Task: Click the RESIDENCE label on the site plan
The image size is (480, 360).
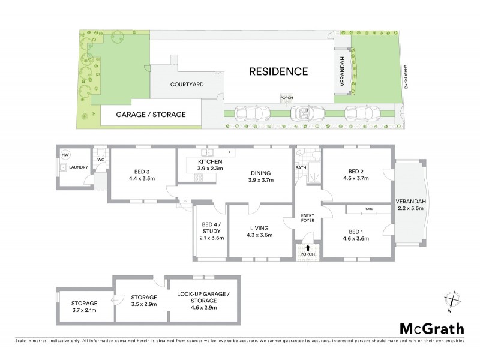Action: click(278, 71)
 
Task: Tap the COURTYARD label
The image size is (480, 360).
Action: click(187, 85)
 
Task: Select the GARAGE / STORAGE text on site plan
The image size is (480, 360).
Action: click(151, 114)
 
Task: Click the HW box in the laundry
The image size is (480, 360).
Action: click(65, 155)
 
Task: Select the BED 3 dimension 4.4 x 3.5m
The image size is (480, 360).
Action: click(142, 178)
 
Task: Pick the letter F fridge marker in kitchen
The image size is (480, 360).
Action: click(229, 152)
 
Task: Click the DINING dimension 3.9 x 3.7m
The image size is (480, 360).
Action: click(260, 180)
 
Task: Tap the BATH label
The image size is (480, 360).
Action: click(301, 168)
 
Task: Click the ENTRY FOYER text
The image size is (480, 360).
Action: click(307, 218)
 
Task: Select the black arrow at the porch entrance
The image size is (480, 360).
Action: click(308, 247)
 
